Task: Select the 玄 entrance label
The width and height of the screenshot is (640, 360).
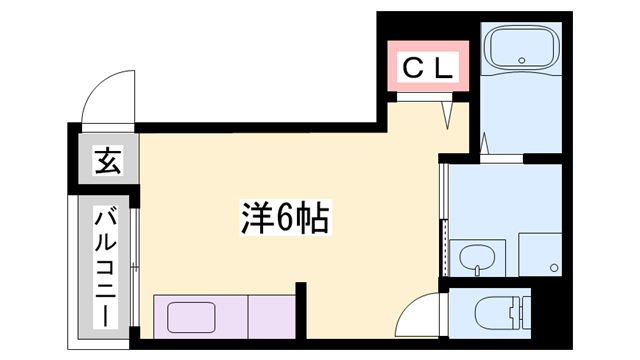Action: point(107,160)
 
